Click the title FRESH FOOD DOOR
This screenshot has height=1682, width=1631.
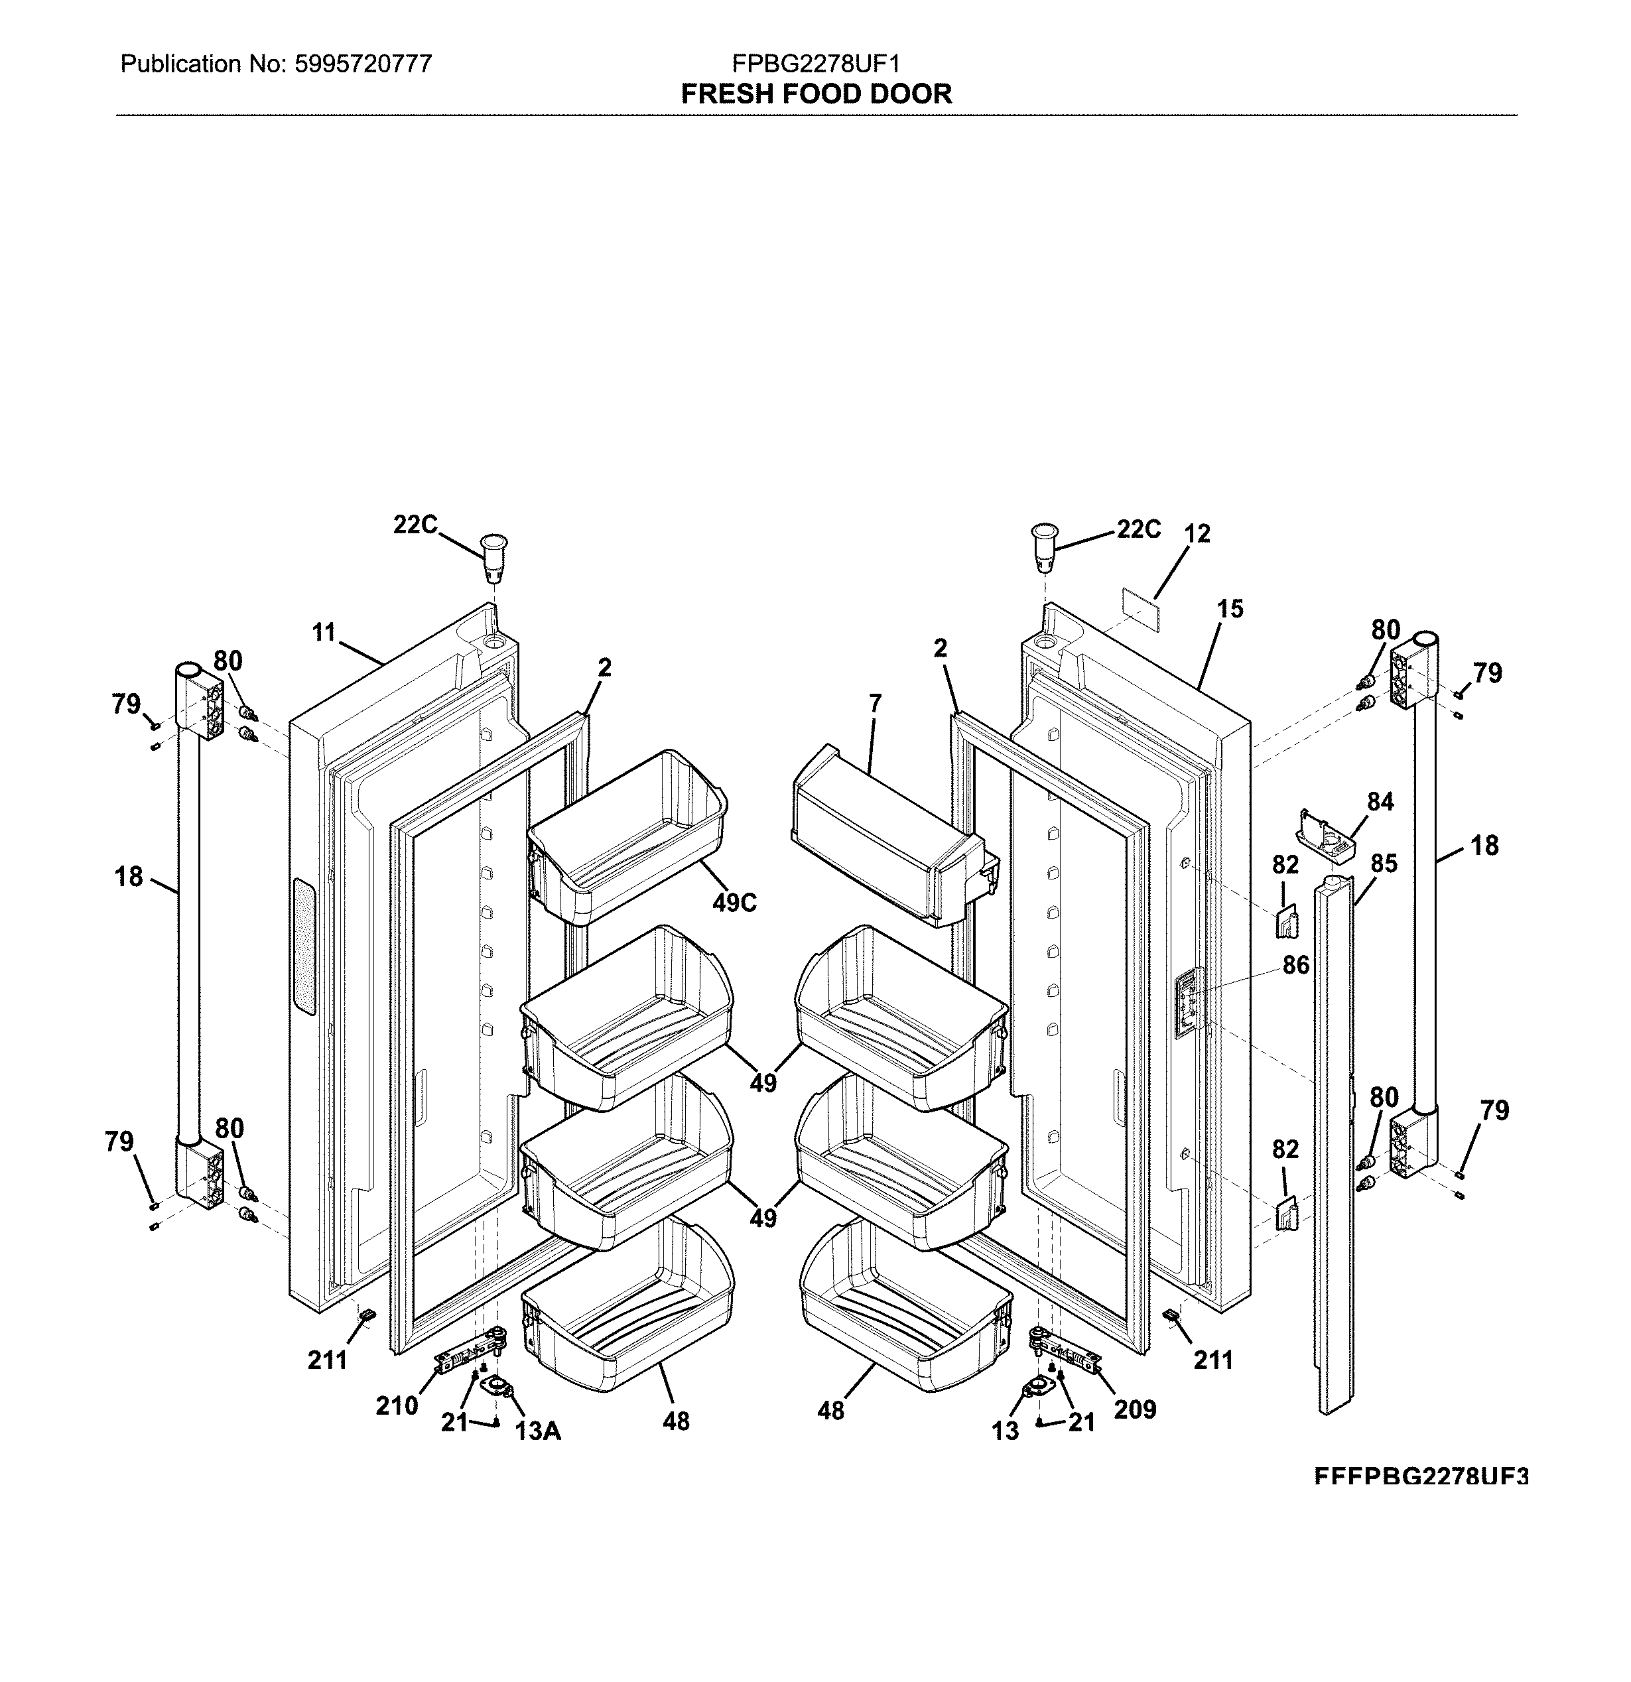pyautogui.click(x=816, y=94)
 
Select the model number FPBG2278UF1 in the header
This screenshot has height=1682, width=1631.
pyautogui.click(x=816, y=64)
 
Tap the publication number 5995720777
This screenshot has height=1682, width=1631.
pyautogui.click(x=362, y=64)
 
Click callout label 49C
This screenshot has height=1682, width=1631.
pyautogui.click(x=734, y=903)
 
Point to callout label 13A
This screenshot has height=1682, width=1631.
pyautogui.click(x=537, y=1431)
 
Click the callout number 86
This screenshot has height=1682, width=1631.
pyautogui.click(x=1295, y=966)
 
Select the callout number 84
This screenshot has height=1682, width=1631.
pyautogui.click(x=1380, y=801)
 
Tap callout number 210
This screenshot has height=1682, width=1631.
pyautogui.click(x=397, y=1405)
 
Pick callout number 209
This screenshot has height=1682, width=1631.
pyautogui.click(x=1135, y=1409)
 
